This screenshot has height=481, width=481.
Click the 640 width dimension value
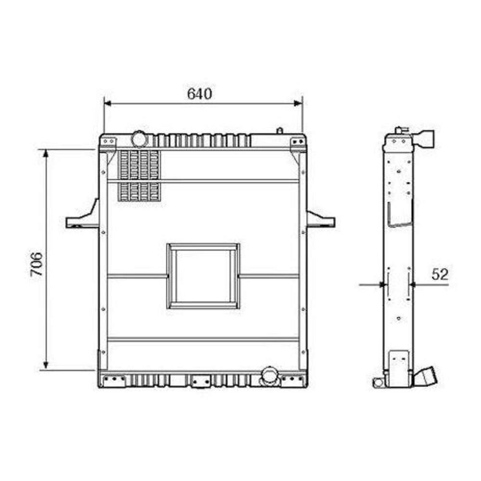click(199, 94)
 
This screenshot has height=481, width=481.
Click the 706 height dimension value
click(37, 264)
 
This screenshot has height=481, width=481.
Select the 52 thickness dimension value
click(440, 274)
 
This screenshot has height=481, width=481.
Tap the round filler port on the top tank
click(139, 139)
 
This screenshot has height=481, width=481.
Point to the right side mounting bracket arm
click(320, 220)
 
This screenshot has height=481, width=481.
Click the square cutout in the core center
click(203, 276)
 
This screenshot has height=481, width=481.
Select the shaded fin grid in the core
click(139, 176)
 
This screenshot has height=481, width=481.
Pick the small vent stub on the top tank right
click(279, 130)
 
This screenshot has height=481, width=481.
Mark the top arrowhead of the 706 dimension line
click(46, 153)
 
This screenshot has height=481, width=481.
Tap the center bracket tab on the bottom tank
click(201, 381)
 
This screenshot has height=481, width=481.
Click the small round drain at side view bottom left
click(378, 382)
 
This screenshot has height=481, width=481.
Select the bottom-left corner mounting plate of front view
click(112, 380)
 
